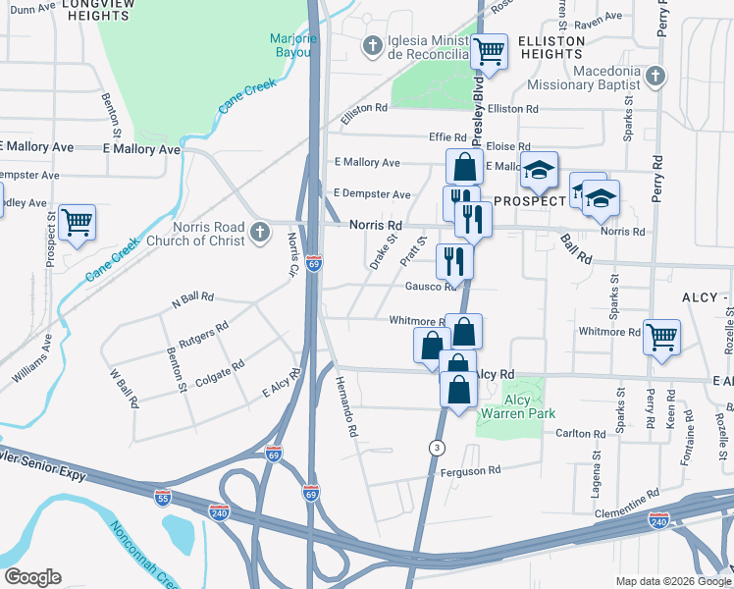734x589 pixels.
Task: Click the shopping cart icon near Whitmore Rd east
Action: click(662, 337)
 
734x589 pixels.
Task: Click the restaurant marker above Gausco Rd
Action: click(453, 260)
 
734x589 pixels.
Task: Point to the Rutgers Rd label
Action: click(202, 331)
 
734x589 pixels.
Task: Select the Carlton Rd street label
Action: click(580, 433)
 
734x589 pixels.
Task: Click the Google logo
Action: click(32, 577)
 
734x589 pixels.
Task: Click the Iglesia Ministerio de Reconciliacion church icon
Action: click(373, 45)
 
